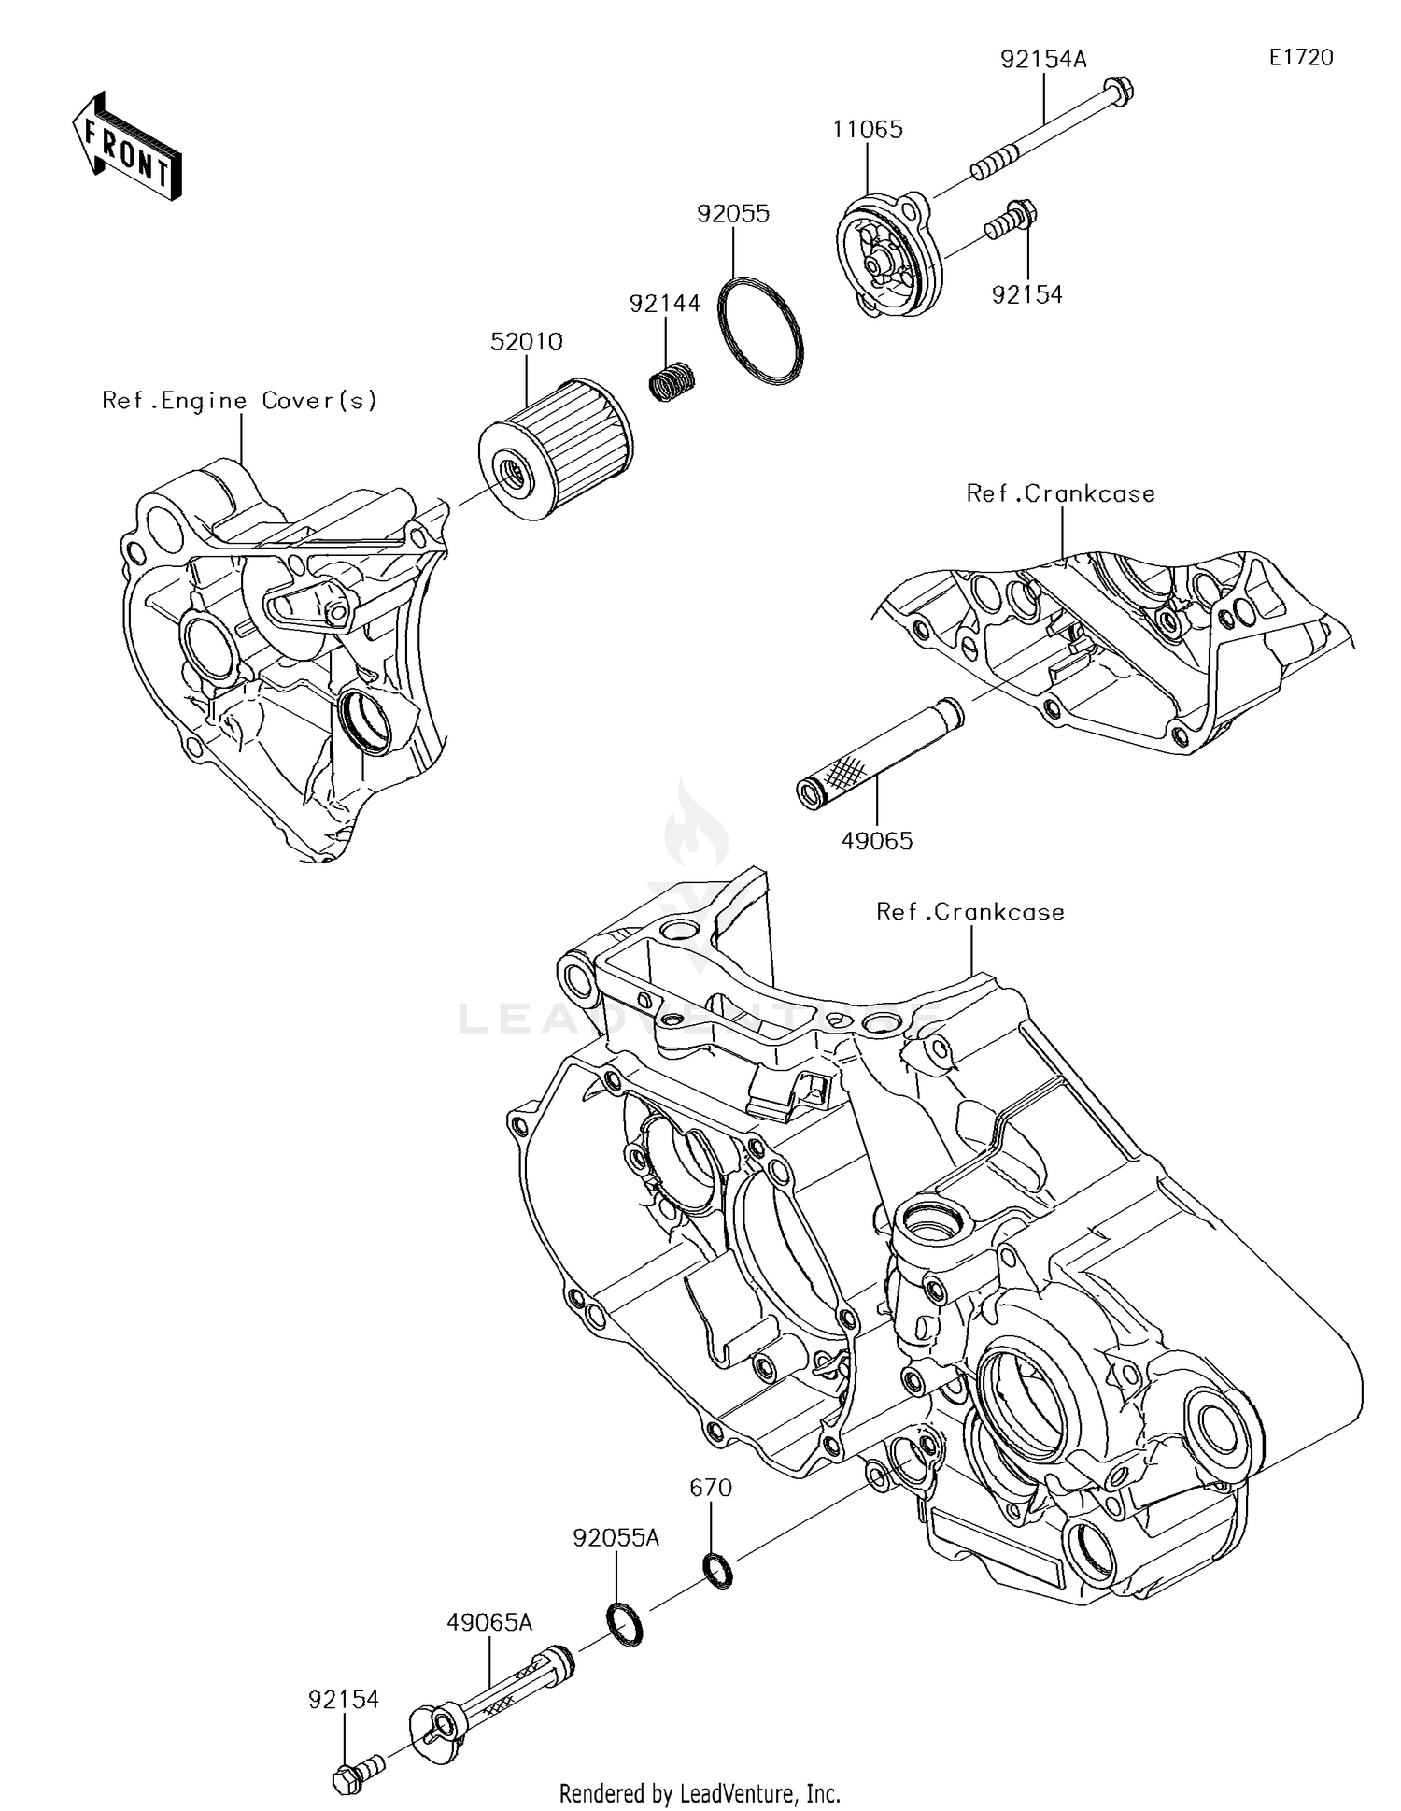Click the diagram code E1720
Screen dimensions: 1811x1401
[x=1300, y=58]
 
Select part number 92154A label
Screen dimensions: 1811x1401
[x=1043, y=60]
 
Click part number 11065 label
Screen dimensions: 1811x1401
[x=868, y=130]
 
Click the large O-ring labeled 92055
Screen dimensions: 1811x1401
[x=760, y=330]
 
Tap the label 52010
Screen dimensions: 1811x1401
[x=527, y=342]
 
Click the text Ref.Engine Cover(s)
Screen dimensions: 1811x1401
[x=240, y=401]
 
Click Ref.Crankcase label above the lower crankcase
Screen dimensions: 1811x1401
[x=969, y=912]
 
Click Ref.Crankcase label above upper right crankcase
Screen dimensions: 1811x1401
[x=1060, y=493]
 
